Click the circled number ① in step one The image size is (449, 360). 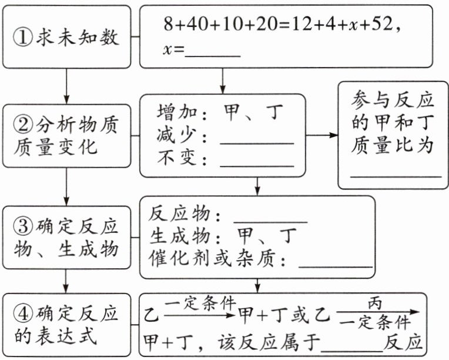[x=22, y=38]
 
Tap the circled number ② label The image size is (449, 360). [x=22, y=125]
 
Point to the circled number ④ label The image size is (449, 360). [x=22, y=314]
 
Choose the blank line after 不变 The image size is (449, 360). [x=256, y=161]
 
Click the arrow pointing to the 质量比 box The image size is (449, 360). [x=322, y=135]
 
